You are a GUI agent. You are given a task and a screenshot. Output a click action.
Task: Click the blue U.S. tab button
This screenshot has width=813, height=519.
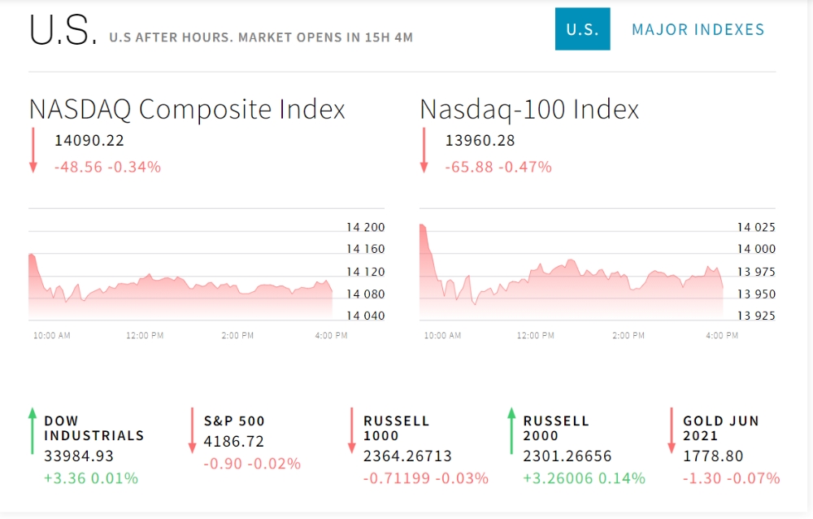click(582, 29)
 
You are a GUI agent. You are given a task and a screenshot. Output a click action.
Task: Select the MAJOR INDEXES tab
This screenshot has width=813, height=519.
click(698, 29)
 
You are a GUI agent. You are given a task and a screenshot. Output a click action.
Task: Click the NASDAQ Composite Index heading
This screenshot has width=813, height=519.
click(187, 109)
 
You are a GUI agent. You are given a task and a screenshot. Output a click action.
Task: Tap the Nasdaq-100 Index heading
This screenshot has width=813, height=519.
click(529, 109)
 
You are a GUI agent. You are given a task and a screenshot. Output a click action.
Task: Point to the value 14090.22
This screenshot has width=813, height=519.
click(89, 141)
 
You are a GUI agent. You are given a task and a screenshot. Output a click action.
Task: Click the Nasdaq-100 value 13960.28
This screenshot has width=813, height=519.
click(480, 141)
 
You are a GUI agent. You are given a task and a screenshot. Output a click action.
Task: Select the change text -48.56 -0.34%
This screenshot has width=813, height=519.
click(107, 167)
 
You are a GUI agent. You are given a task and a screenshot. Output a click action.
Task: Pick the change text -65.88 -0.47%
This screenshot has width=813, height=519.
click(498, 167)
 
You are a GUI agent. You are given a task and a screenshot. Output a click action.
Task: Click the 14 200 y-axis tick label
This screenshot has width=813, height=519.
click(365, 227)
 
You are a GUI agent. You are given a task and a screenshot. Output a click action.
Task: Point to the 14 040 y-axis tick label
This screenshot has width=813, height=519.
click(365, 316)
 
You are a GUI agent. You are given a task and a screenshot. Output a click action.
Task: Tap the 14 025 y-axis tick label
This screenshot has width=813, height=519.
click(756, 227)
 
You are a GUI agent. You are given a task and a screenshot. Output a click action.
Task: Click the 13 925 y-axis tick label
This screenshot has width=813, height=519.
click(756, 316)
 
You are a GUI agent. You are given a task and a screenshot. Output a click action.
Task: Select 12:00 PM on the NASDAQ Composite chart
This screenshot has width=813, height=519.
click(145, 335)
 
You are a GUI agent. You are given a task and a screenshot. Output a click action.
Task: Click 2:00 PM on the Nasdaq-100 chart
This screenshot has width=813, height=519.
click(628, 335)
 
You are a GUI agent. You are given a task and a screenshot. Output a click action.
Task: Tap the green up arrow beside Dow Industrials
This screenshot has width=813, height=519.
click(33, 431)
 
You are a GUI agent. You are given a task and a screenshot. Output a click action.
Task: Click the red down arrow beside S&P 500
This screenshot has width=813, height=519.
click(193, 431)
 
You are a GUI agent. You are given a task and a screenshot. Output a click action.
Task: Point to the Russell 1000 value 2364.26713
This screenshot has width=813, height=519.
click(407, 456)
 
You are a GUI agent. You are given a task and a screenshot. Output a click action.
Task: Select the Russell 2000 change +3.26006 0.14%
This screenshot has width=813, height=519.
click(584, 478)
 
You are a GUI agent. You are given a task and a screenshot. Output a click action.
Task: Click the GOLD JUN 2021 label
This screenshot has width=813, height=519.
click(720, 428)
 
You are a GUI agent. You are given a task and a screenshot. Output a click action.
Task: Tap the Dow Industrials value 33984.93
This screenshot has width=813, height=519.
click(79, 456)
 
